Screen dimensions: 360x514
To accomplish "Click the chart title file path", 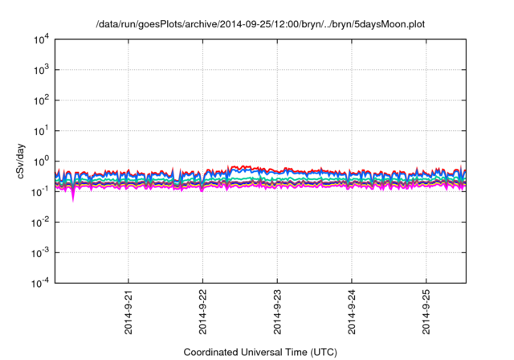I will [x=260, y=25].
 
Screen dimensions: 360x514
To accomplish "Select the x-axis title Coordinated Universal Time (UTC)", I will [x=260, y=352].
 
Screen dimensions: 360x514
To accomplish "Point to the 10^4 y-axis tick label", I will [x=40, y=39].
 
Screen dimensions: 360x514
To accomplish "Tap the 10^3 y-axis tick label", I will [x=40, y=70].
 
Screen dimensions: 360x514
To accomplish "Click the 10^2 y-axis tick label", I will [x=40, y=100].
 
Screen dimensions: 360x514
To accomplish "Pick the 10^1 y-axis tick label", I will [x=40, y=130].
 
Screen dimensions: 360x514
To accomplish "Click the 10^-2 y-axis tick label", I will [x=40, y=222].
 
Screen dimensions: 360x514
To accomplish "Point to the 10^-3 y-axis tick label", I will [x=40, y=252].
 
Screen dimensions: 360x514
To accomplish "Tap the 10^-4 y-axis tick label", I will [x=40, y=283].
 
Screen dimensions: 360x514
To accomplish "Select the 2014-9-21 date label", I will [x=128, y=313].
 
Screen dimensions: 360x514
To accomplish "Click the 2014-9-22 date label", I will [x=202, y=313].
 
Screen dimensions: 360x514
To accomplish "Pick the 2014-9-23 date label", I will [x=277, y=313].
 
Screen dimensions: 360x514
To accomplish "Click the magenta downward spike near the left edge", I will [x=73, y=195].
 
